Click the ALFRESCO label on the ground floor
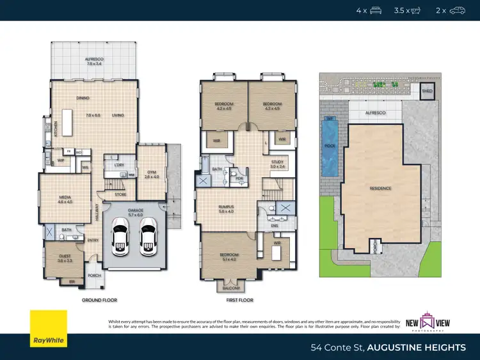(93, 59)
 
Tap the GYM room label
(151, 173)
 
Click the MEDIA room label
(65, 199)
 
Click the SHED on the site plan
(427, 91)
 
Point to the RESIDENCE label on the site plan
(380, 188)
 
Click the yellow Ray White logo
(48, 330)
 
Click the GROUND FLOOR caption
(99, 300)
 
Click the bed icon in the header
(376, 10)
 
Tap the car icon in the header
(457, 10)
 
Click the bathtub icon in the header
(417, 10)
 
